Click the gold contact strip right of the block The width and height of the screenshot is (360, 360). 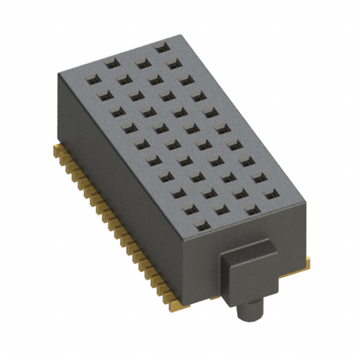pyautogui.click(x=307, y=259)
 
